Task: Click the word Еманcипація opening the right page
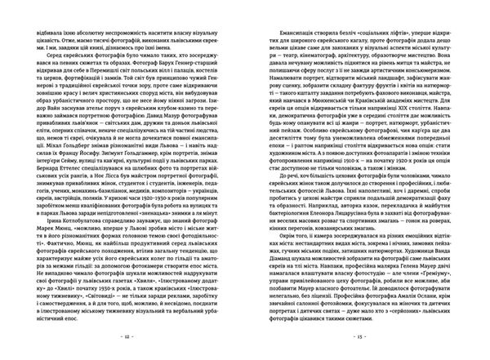pos(292,38)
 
